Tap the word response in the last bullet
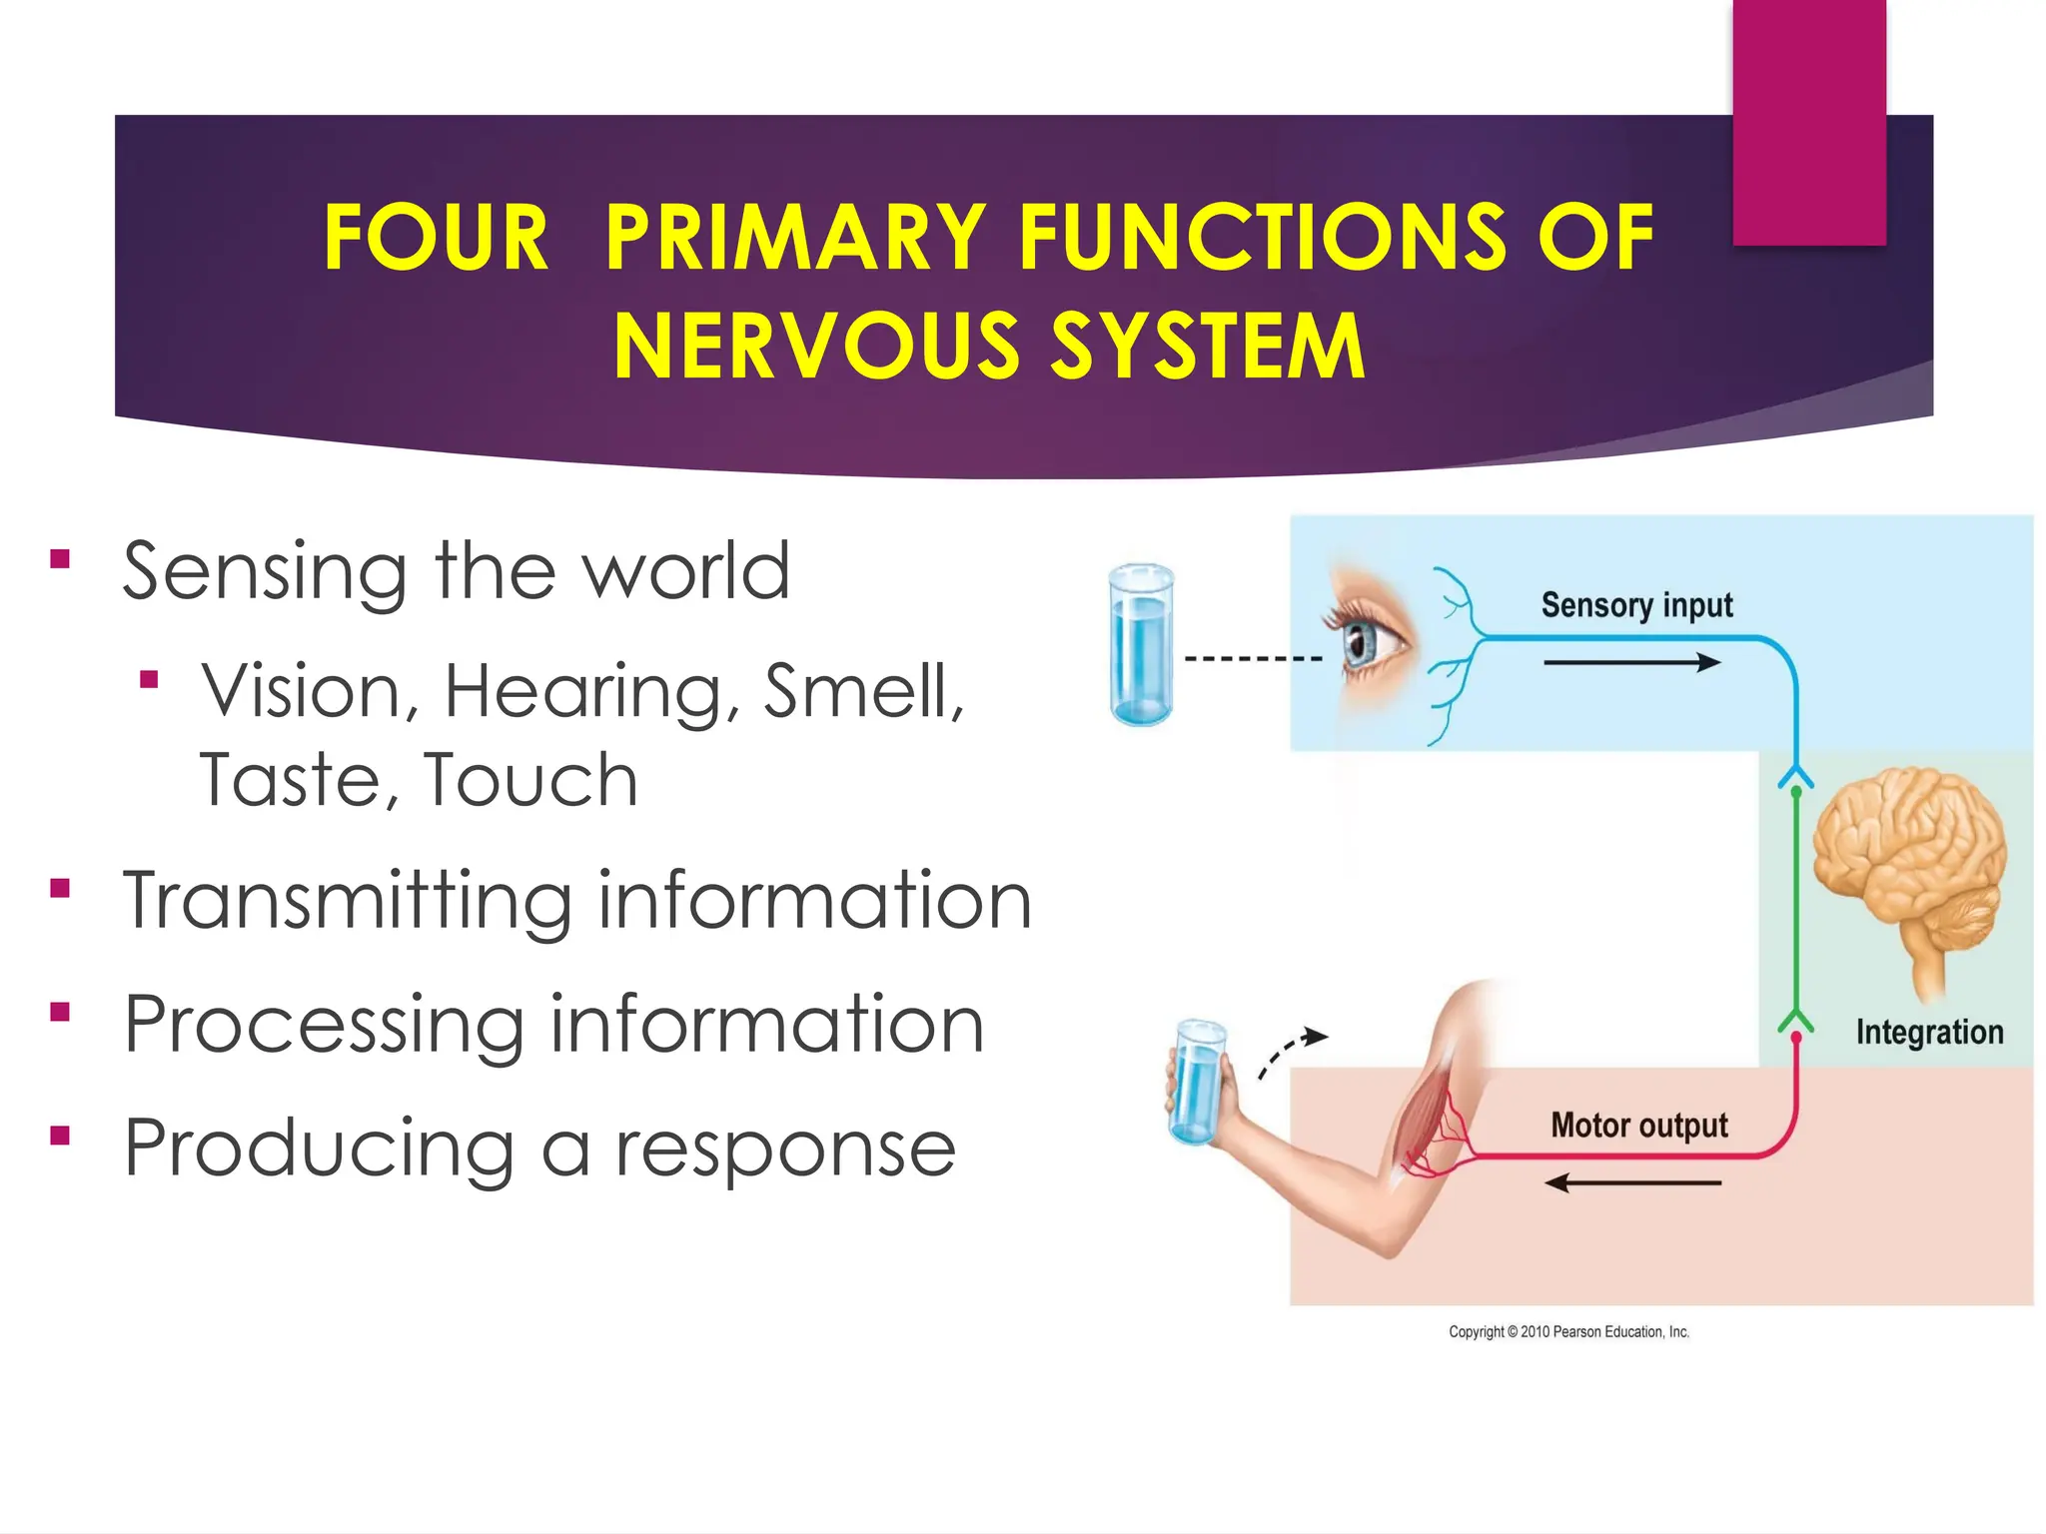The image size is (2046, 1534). pyautogui.click(x=785, y=1150)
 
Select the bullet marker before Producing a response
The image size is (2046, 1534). pyautogui.click(x=61, y=1136)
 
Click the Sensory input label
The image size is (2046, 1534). pyautogui.click(x=1636, y=605)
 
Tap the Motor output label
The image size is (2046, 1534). pyautogui.click(x=1638, y=1126)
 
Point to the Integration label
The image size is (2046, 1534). pyautogui.click(x=1929, y=1032)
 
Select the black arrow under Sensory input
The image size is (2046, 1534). pyautogui.click(x=1631, y=662)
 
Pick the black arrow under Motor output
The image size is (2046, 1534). pyautogui.click(x=1631, y=1183)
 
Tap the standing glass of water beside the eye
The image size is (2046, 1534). pyautogui.click(x=1141, y=644)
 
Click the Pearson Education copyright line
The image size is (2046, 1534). pyautogui.click(x=1568, y=1331)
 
